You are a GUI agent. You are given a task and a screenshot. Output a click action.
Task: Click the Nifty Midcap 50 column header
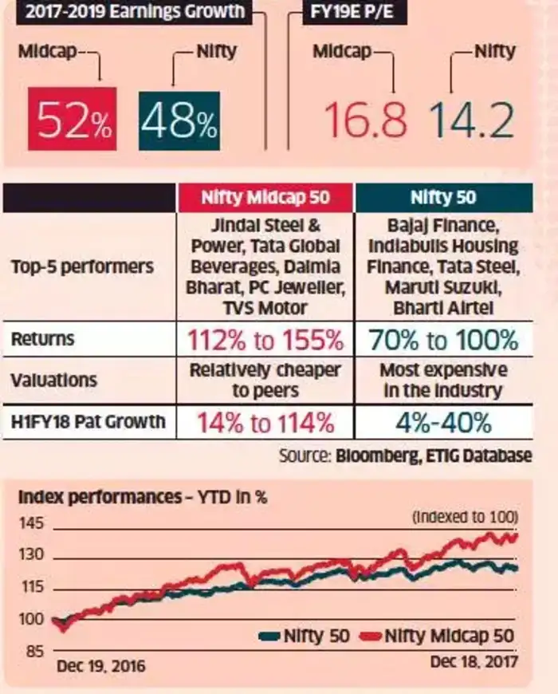coord(265,197)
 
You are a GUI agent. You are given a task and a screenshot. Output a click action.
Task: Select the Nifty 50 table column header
coord(442,197)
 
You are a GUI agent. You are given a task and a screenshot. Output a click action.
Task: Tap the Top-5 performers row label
coord(83,266)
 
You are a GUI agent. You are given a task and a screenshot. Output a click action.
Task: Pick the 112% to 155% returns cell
coord(265,340)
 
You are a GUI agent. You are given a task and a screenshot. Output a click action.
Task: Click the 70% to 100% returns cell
coord(443,340)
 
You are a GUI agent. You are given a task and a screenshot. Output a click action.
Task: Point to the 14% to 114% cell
coord(265,420)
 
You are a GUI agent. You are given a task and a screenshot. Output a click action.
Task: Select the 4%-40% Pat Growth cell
coord(443,420)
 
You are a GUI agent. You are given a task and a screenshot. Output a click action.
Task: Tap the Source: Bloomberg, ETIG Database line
coord(404,456)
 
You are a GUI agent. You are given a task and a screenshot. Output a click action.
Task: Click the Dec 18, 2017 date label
coord(474,661)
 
